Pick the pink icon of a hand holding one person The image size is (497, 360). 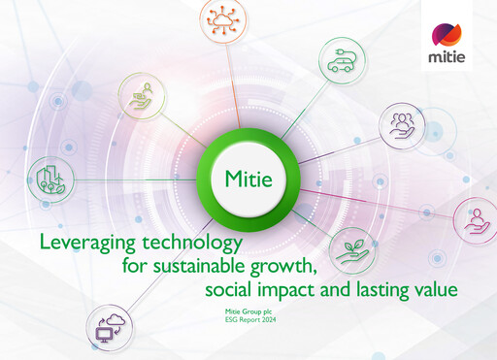click(x=476, y=219)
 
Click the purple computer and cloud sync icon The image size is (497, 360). click(x=106, y=329)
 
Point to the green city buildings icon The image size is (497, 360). click(x=49, y=179)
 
